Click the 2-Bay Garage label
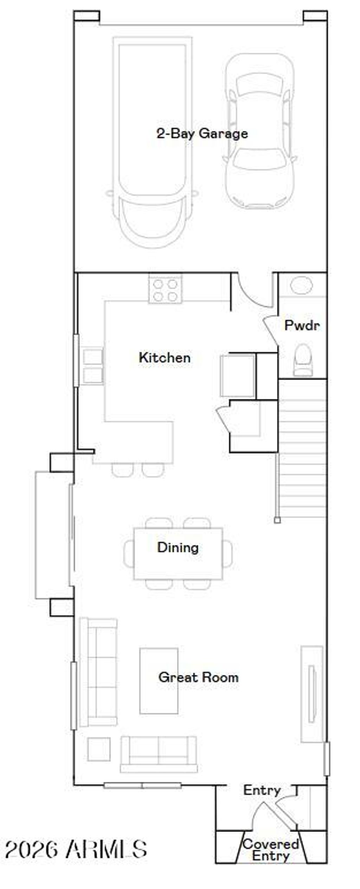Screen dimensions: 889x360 pyautogui.click(x=202, y=134)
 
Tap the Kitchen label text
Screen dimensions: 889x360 pyautogui.click(x=165, y=358)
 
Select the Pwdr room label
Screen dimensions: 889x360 pyautogui.click(x=302, y=325)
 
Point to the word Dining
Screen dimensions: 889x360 pyautogui.click(x=178, y=547)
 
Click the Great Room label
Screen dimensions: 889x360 pyautogui.click(x=198, y=677)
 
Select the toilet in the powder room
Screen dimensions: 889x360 pyautogui.click(x=303, y=360)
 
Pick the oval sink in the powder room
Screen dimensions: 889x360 pyautogui.click(x=302, y=285)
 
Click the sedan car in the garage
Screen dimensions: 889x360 pyautogui.click(x=259, y=132)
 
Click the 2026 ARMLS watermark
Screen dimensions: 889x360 pyautogui.click(x=76, y=849)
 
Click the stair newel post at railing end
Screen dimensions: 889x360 pyautogui.click(x=277, y=520)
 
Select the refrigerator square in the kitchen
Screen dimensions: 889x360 pyautogui.click(x=238, y=376)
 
